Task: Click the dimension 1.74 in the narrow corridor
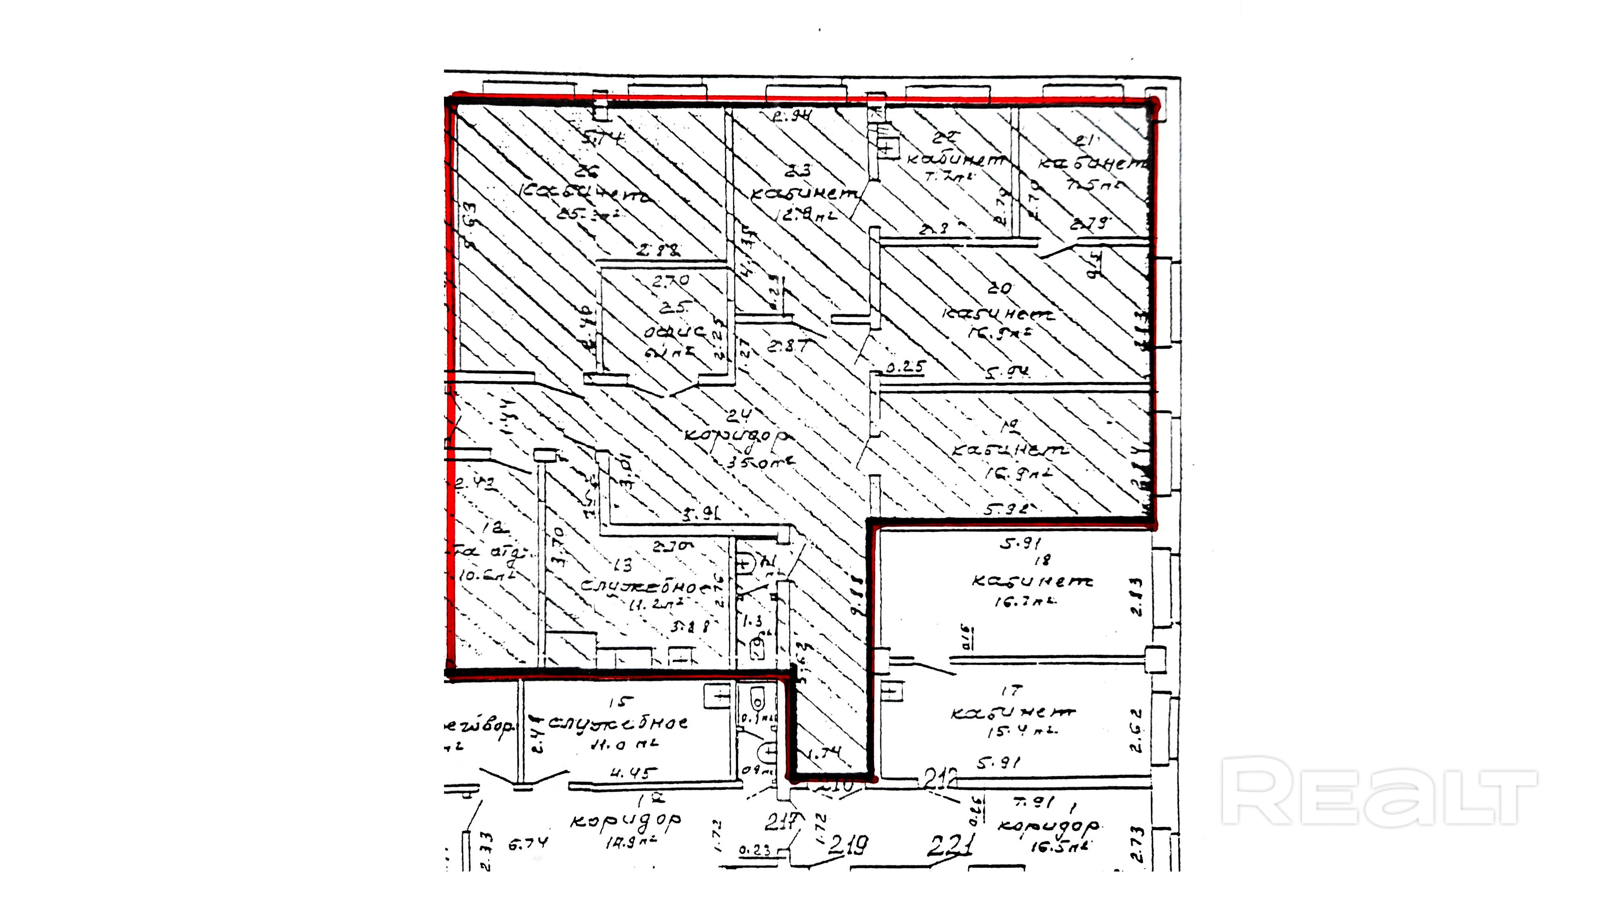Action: point(824,752)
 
